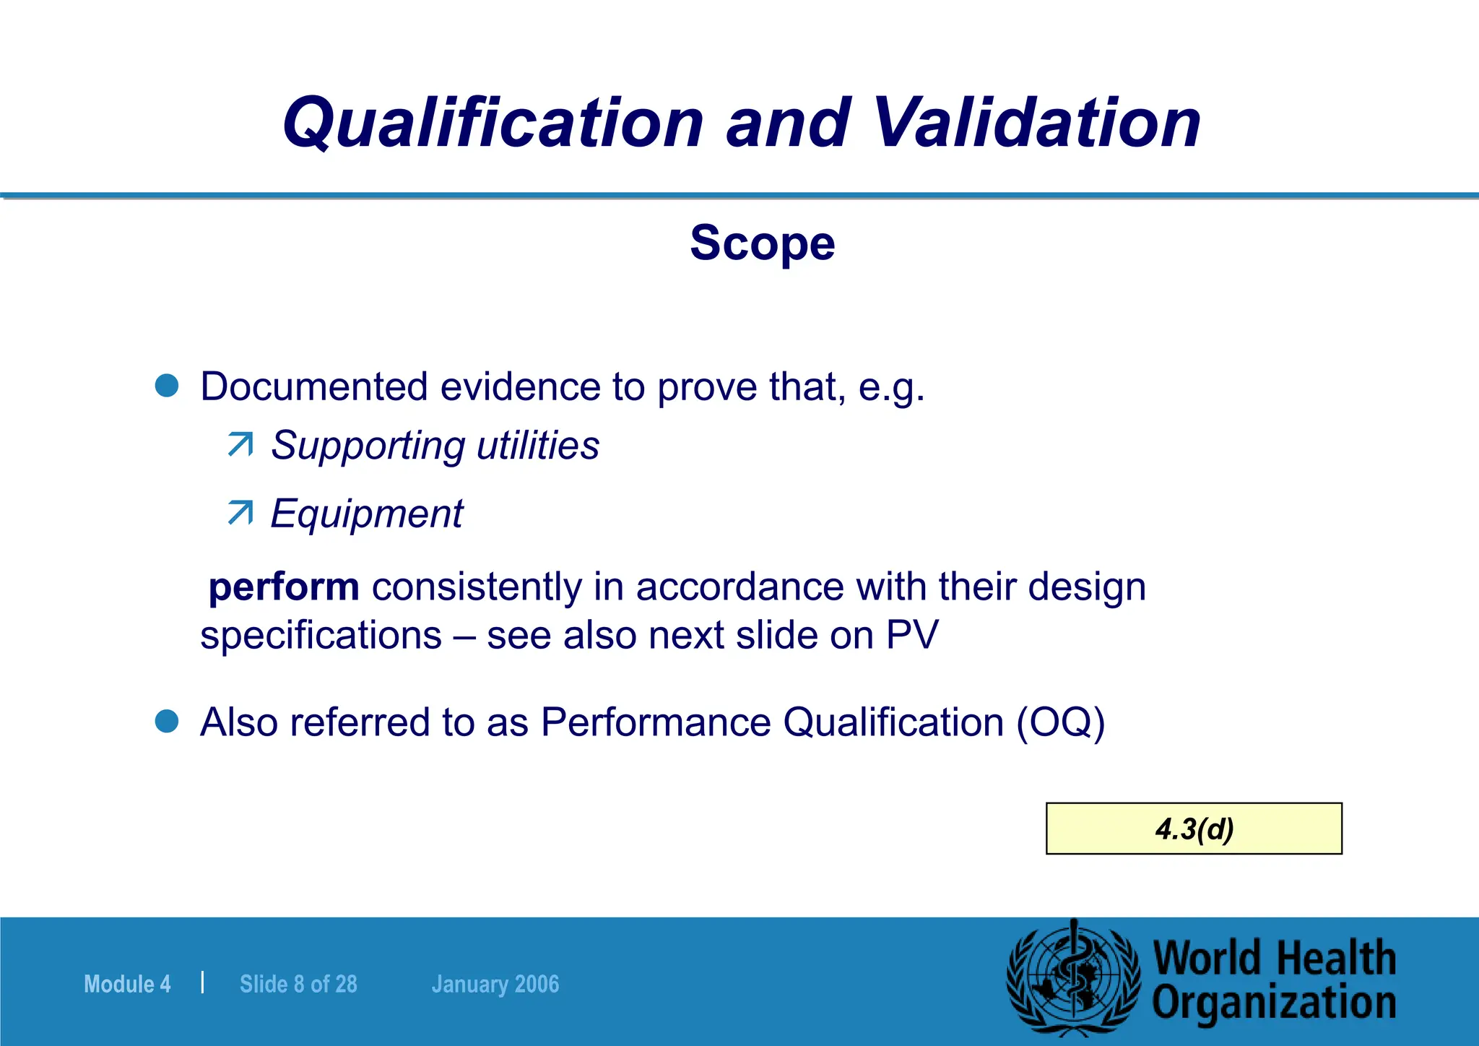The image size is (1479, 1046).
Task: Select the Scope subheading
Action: point(763,243)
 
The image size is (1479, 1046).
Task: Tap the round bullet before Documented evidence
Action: point(167,386)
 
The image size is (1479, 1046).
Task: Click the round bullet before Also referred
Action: point(167,721)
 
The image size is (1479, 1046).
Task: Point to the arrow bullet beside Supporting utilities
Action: point(240,444)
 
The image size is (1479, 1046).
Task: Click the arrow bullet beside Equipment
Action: point(240,513)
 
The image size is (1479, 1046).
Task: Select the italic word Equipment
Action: point(367,514)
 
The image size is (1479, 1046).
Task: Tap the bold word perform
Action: point(284,586)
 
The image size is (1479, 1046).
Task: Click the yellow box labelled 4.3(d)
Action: point(1194,829)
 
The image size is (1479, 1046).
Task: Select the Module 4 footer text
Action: point(127,984)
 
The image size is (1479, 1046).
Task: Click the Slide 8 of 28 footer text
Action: point(298,984)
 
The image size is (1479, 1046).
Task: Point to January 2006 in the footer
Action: point(495,984)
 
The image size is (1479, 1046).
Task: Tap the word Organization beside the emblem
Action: point(1274,1003)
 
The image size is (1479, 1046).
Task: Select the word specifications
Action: point(321,636)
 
